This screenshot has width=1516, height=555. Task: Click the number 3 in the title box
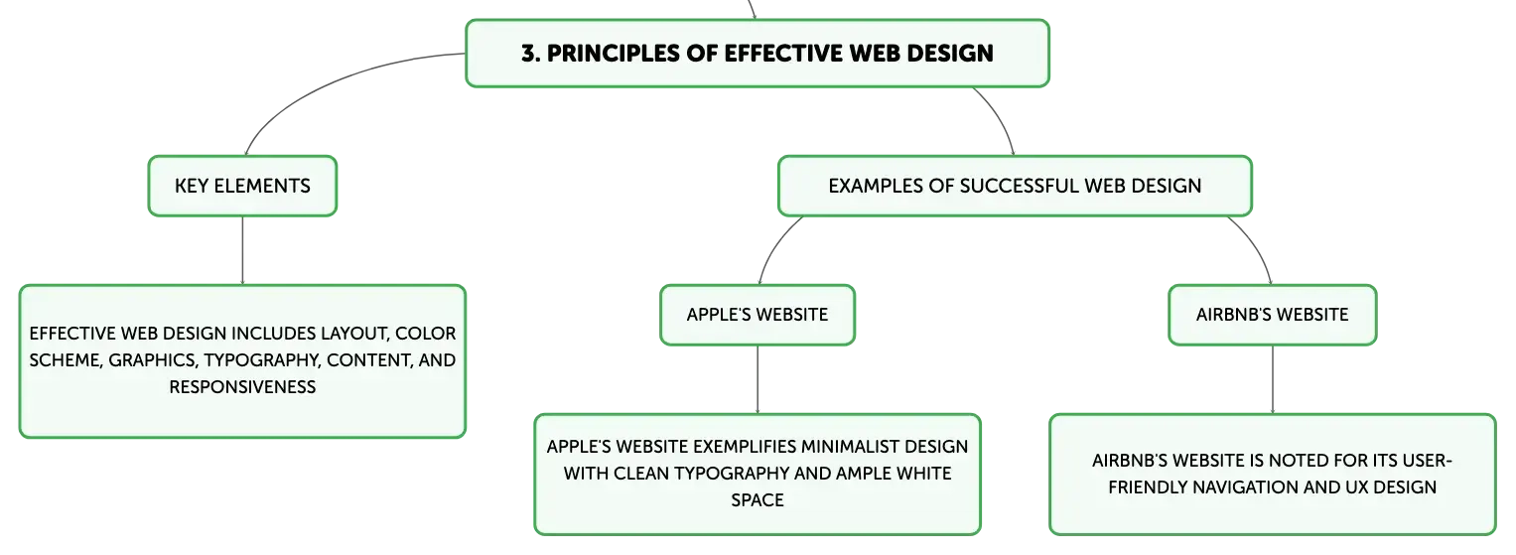click(x=529, y=54)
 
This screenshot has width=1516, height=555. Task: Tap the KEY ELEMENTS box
click(x=242, y=186)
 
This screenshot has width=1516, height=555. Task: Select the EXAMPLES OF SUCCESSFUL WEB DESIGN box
click(x=1015, y=186)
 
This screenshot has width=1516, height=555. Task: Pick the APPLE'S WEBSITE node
click(x=758, y=315)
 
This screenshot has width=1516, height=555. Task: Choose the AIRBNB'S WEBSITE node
click(x=1273, y=315)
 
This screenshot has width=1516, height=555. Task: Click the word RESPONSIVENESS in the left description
click(x=242, y=387)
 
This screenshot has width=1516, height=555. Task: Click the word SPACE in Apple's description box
click(x=758, y=500)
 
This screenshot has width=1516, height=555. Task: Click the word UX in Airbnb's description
click(x=1355, y=487)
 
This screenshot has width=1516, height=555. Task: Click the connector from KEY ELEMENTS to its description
click(x=242, y=250)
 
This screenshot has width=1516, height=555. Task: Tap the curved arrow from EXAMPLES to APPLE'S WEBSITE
click(x=773, y=245)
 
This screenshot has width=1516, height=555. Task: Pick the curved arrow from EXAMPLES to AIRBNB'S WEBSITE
click(x=1258, y=245)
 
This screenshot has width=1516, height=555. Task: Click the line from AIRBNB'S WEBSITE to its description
click(x=1273, y=379)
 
